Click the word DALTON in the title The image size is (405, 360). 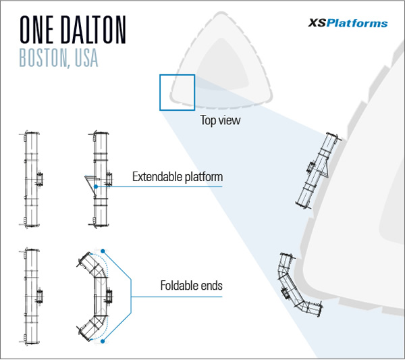coord(98,30)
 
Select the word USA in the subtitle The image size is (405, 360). coord(84,58)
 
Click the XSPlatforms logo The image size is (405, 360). coord(348,23)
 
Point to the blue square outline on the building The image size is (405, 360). coord(177,92)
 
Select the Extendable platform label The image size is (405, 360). coord(178,178)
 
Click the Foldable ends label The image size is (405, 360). coord(192,286)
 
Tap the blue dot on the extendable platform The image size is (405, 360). coord(97,186)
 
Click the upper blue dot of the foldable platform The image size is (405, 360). coord(102,247)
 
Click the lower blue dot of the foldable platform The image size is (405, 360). coord(102,342)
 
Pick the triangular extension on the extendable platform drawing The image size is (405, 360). coord(89,183)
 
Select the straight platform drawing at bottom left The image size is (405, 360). coord(30,294)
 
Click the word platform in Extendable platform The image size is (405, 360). coord(201,178)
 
